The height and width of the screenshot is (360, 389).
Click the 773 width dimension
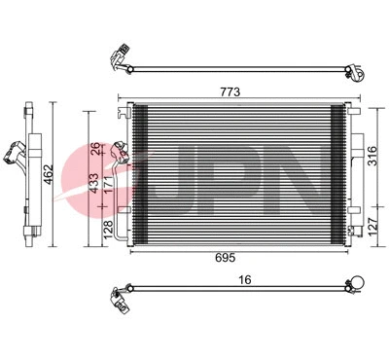[x=230, y=91]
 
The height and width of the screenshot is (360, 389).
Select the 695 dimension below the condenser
[x=230, y=257]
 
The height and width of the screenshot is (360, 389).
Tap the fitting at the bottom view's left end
[x=121, y=296]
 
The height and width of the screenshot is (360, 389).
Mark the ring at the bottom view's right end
[x=356, y=284]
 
